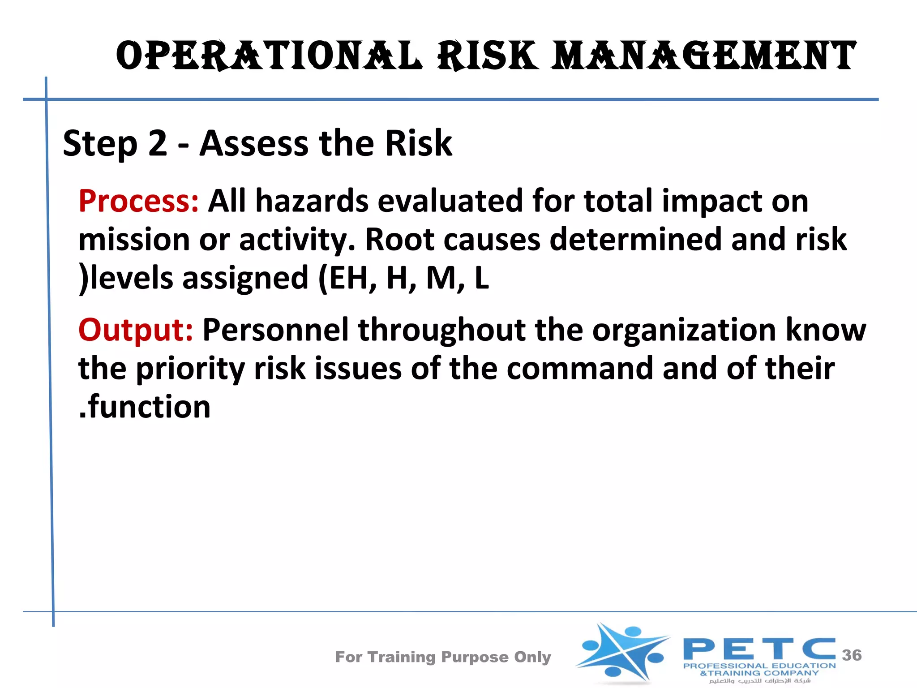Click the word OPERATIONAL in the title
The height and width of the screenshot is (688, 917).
point(269,56)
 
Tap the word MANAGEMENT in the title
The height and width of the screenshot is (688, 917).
point(704,56)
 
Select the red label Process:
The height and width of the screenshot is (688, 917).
point(138,201)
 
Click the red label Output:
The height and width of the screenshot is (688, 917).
point(136,330)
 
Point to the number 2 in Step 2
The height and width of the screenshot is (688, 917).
point(157,143)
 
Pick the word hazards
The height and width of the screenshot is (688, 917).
point(312,201)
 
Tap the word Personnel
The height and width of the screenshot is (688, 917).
point(275,330)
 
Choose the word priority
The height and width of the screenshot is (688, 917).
point(190,369)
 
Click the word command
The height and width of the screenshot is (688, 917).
point(580,368)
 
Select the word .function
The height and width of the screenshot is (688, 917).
point(145,407)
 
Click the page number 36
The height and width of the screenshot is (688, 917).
point(852,655)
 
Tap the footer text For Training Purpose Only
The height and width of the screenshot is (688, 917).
point(443,657)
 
